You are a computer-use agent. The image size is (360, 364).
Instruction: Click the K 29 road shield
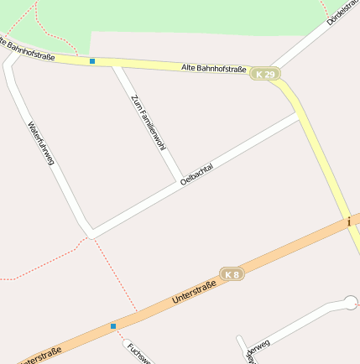point(265,75)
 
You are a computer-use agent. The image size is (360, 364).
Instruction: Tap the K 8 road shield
point(232,273)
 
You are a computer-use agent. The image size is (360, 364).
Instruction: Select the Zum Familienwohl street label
point(148,122)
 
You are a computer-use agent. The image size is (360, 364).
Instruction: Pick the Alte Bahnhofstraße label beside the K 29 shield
point(214,69)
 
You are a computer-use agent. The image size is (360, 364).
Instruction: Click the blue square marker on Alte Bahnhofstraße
point(92,60)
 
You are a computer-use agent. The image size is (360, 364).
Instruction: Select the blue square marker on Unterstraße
point(113,325)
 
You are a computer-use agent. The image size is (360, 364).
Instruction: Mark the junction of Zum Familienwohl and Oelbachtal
point(180,182)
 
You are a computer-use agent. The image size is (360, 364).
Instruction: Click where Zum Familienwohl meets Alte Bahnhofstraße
point(116,63)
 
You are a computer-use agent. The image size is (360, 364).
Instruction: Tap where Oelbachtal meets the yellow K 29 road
point(300,116)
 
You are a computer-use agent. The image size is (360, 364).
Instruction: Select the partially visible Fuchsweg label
point(133,352)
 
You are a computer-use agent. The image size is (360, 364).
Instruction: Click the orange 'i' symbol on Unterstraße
point(348,221)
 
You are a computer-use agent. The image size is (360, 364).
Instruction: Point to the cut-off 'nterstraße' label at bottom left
point(39,356)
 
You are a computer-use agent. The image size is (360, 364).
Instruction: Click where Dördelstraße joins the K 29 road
point(275,69)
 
